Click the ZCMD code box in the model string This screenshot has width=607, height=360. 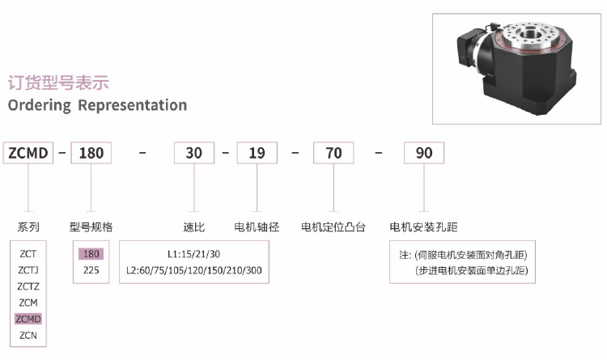click(28, 153)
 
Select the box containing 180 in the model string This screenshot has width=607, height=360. click(91, 153)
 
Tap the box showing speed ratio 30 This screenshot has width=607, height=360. click(194, 153)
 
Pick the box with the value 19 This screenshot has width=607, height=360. click(257, 153)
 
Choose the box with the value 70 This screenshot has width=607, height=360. click(333, 153)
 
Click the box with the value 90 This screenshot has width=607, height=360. click(424, 153)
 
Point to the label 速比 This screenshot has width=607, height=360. click(194, 227)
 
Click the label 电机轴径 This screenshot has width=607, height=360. click(257, 227)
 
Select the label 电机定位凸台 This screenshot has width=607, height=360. click(333, 227)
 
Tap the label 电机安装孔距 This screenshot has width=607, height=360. click(423, 227)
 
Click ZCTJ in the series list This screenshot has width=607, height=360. click(28, 270)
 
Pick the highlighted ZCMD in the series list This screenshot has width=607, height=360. click(28, 319)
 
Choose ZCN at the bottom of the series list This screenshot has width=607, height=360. click(28, 335)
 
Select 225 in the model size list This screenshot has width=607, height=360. click(91, 270)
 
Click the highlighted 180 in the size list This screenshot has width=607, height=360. click(91, 254)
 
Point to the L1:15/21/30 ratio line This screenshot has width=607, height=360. click(193, 254)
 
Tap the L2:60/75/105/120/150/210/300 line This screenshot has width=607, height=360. click(194, 270)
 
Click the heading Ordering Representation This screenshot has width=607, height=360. click(97, 105)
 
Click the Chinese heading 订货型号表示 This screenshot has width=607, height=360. click(58, 83)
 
